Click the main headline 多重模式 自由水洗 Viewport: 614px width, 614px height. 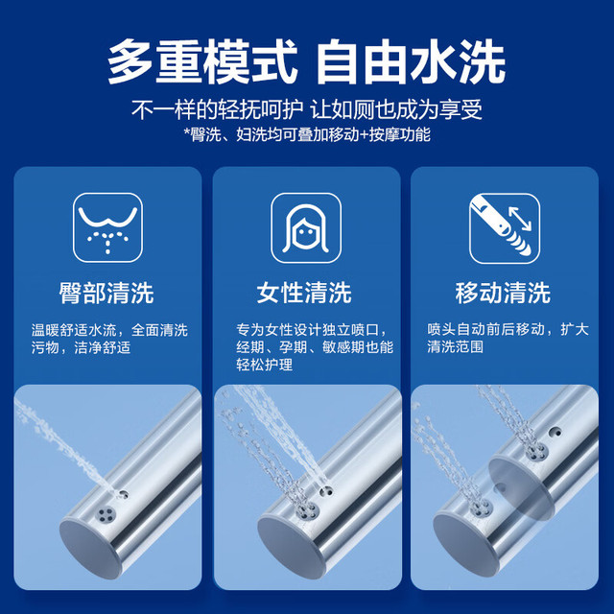point(307,61)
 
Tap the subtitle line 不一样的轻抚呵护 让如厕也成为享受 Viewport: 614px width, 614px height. point(307,109)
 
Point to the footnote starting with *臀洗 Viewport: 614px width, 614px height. point(307,134)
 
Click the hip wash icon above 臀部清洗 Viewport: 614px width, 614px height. point(107,227)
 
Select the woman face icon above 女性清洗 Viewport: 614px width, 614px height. point(306,228)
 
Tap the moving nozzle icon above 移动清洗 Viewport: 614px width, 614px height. point(505,228)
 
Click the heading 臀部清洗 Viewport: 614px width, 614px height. point(106,293)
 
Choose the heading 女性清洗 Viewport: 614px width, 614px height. point(304,293)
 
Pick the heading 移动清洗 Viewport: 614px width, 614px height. point(503,293)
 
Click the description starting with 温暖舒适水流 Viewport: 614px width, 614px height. point(109,339)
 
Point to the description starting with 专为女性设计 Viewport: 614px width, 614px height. point(315,347)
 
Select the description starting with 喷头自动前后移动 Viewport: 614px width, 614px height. point(508,339)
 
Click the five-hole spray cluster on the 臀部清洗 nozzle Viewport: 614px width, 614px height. point(106,514)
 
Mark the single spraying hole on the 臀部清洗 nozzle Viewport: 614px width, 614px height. point(124,494)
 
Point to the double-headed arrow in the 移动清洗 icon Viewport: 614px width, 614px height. point(520,219)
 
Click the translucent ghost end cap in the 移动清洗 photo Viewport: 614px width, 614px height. point(522,488)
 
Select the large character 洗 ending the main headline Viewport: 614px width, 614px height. point(482,61)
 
